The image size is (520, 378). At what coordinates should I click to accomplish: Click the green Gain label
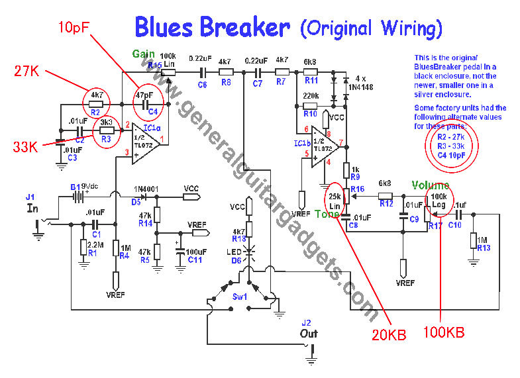tap(144, 54)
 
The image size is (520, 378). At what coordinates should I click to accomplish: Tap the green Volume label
tap(431, 186)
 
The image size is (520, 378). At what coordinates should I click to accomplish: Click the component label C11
tap(195, 259)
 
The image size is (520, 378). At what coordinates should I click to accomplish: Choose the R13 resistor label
tap(483, 248)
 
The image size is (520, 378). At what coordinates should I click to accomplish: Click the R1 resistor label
tap(92, 253)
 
